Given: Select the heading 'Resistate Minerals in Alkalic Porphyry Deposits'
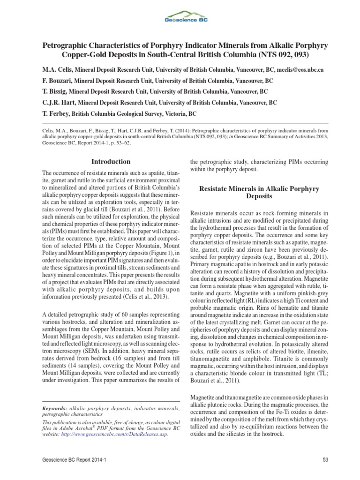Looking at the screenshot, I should pyautogui.click(x=259, y=193).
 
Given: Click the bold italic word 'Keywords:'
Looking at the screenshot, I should pyautogui.click(x=54, y=409).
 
